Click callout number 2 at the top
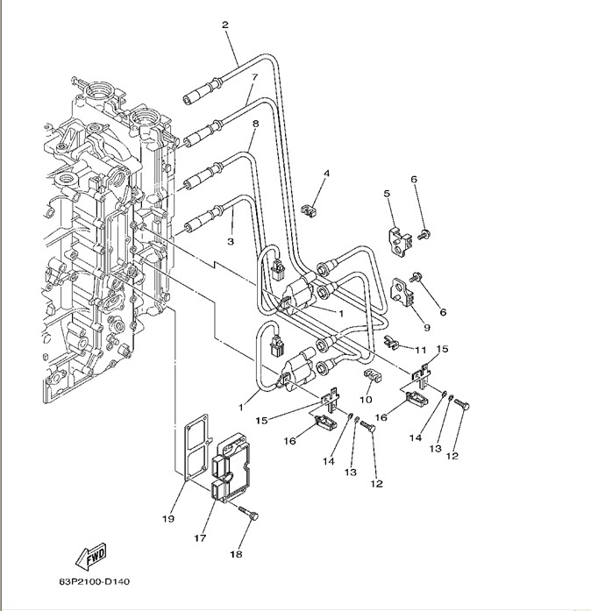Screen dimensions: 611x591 225,25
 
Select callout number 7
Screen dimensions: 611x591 253,78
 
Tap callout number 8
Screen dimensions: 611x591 255,124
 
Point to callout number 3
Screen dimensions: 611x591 231,240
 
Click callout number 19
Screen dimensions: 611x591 168,518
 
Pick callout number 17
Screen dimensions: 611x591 200,538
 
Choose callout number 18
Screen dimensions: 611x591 234,554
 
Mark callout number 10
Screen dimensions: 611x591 366,400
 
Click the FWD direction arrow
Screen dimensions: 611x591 91,555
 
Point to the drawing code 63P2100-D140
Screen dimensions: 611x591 95,582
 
